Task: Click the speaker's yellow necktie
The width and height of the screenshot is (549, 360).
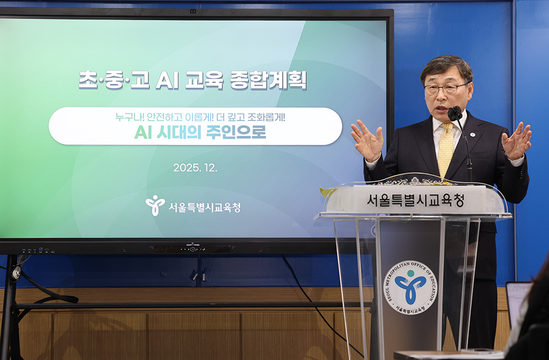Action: pos(446,149)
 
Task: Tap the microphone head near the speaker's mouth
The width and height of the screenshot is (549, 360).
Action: pos(455,114)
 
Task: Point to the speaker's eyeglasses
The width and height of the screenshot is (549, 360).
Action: pos(445,88)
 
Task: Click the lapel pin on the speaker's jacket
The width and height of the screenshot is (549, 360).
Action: pos(472,134)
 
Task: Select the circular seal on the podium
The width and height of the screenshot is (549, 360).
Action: pos(410,288)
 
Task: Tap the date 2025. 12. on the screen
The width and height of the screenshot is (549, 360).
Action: pos(195,167)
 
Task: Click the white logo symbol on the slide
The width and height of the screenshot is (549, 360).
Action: pos(155,205)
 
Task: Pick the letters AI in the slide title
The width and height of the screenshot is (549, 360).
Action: pos(167,81)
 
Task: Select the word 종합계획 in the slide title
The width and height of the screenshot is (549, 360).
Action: pos(268,81)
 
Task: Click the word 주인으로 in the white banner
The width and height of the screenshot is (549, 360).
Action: pos(236,132)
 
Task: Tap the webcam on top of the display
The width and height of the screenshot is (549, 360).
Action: pos(193,11)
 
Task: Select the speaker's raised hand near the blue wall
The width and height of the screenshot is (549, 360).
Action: pos(517,140)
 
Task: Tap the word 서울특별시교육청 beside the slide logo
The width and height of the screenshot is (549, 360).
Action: pos(204,207)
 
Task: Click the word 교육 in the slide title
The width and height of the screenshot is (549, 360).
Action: pos(204,81)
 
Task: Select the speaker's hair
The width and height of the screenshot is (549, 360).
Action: pos(447,66)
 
